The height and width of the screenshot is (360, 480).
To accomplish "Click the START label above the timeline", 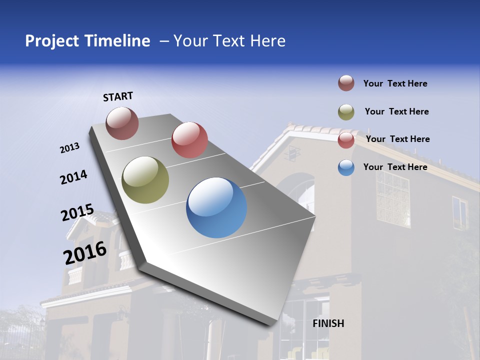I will click(118, 96).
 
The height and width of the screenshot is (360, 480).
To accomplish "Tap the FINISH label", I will click(328, 323).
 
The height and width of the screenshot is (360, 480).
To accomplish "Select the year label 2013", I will click(69, 148).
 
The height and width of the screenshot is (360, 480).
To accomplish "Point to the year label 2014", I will click(73, 177).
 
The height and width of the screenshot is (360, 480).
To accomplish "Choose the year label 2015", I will click(77, 212).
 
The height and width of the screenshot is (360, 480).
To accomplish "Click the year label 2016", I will click(85, 253).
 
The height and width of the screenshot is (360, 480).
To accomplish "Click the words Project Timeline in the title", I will click(87, 41).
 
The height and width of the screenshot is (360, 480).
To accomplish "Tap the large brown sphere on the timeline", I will click(122, 123).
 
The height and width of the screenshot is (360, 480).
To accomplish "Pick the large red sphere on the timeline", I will click(189, 140).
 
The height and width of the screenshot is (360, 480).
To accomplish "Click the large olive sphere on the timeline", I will click(145, 180).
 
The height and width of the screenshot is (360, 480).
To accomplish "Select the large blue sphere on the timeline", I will click(216, 207).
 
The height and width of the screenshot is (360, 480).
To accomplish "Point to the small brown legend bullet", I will click(346, 83).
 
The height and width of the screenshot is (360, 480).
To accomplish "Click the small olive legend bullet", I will click(346, 112).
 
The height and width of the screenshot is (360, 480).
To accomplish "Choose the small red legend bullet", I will click(346, 140).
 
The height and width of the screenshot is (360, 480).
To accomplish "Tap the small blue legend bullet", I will click(346, 167).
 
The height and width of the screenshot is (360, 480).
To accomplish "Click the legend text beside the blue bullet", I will click(395, 167).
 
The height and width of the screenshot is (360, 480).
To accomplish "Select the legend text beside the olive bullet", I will click(397, 111).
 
